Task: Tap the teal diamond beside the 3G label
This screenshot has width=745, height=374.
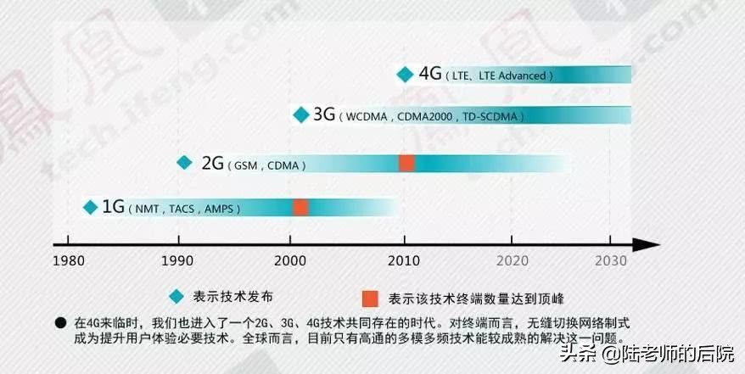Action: (x=300, y=114)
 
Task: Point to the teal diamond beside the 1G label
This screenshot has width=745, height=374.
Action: (x=89, y=206)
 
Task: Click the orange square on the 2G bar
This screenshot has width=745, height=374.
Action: (x=406, y=163)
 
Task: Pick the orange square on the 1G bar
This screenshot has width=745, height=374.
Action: (x=300, y=207)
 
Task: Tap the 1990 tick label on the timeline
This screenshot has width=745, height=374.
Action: (x=178, y=260)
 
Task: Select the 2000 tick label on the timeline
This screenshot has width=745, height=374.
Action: (x=290, y=260)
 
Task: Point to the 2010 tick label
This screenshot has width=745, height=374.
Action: (x=402, y=260)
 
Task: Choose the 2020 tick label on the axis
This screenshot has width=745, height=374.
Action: (x=513, y=260)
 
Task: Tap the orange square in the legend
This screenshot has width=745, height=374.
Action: (x=369, y=298)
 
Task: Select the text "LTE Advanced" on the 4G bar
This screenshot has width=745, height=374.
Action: (x=513, y=76)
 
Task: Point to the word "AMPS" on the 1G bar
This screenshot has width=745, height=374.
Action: (x=222, y=209)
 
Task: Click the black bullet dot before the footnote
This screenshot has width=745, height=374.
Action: (x=60, y=322)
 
